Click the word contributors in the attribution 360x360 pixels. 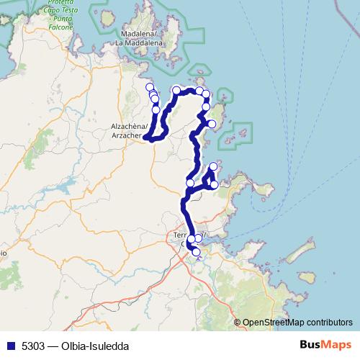[331, 322]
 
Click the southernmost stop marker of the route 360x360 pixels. [196, 252]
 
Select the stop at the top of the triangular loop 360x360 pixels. [213, 167]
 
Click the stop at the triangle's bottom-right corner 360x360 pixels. [215, 185]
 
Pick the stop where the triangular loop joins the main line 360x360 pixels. [191, 183]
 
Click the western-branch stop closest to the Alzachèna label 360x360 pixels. [156, 110]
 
